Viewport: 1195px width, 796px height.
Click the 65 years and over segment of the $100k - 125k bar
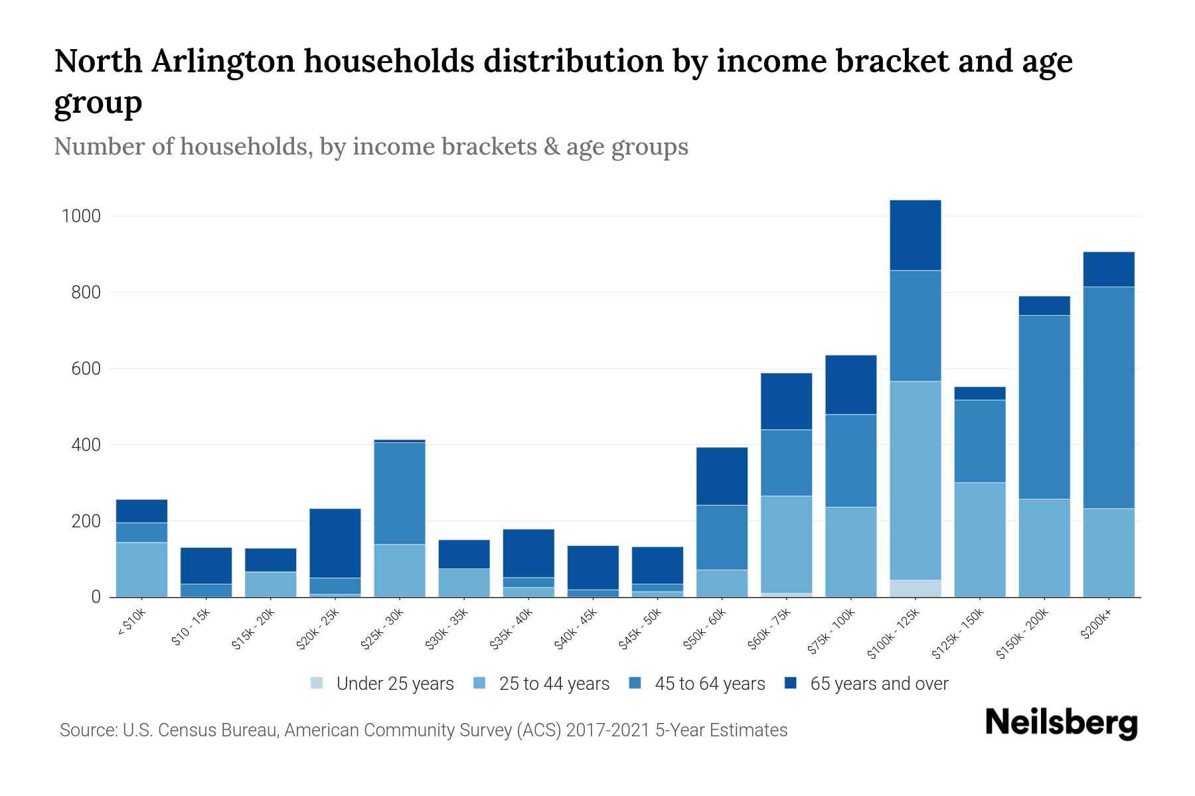tap(915, 235)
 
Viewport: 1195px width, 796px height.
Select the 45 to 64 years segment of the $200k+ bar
tap(1108, 397)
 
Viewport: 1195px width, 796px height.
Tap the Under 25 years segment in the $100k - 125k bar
tap(915, 588)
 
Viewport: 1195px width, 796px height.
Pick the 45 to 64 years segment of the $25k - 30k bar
tap(400, 493)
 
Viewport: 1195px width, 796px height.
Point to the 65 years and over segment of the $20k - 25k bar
tap(335, 543)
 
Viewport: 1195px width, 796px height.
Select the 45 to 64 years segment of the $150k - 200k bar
tap(1044, 407)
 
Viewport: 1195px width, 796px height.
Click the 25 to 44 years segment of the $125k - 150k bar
tap(979, 539)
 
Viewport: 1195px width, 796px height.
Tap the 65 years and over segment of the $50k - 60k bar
tap(722, 476)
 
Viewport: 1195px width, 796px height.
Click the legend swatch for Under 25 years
tap(317, 683)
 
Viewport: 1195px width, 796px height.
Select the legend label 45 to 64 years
tap(709, 684)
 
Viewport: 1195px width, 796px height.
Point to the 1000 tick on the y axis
tap(80, 216)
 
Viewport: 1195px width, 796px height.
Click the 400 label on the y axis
tap(86, 445)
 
